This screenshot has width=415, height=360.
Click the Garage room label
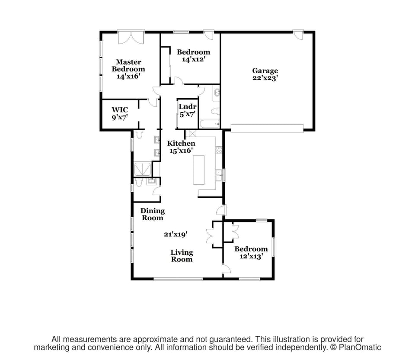[x=265, y=71]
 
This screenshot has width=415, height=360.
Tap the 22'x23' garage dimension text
[x=265, y=78]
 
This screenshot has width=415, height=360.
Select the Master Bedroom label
[x=128, y=65]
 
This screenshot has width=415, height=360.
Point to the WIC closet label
[x=120, y=110]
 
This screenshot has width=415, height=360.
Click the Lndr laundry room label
[x=188, y=106]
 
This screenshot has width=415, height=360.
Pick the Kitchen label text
[x=181, y=144]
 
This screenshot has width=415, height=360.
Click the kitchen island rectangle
[x=200, y=169]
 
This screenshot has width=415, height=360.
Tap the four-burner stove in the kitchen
[x=219, y=150]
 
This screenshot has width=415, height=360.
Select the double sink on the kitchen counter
[x=219, y=175]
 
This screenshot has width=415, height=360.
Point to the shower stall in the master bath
[x=142, y=169]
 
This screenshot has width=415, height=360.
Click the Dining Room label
[x=153, y=214]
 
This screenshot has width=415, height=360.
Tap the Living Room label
[x=182, y=256]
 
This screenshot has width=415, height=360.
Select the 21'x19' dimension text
[x=175, y=234]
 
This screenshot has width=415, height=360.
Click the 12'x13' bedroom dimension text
[x=251, y=256]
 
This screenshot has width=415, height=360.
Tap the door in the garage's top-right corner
[x=298, y=35]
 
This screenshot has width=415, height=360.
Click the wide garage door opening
[x=267, y=128]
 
